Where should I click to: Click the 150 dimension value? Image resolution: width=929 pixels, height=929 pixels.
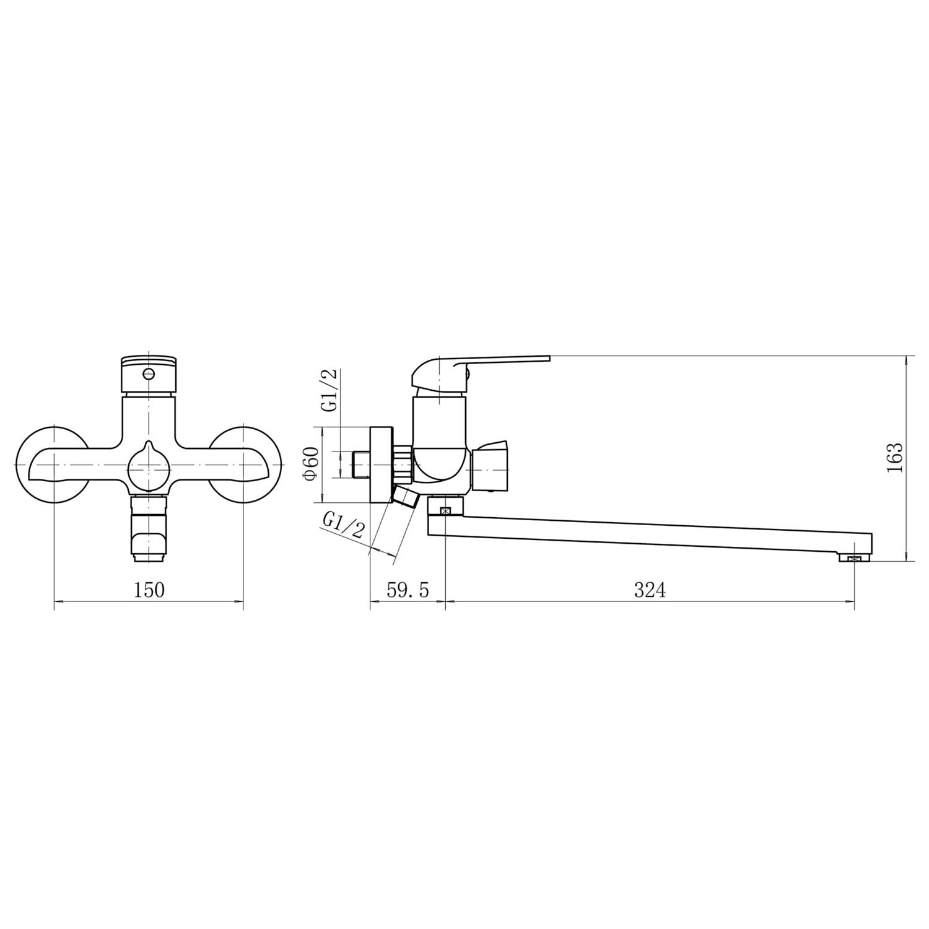[x=149, y=590]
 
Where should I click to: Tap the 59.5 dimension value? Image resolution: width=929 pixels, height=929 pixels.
[x=408, y=590]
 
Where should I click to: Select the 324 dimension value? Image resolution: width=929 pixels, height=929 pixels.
[x=650, y=590]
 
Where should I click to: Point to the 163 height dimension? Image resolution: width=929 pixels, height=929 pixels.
[x=894, y=458]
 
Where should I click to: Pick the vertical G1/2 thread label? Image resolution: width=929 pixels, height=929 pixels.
[x=329, y=390]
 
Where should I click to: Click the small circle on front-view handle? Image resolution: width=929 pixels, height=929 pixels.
[x=148, y=373]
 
